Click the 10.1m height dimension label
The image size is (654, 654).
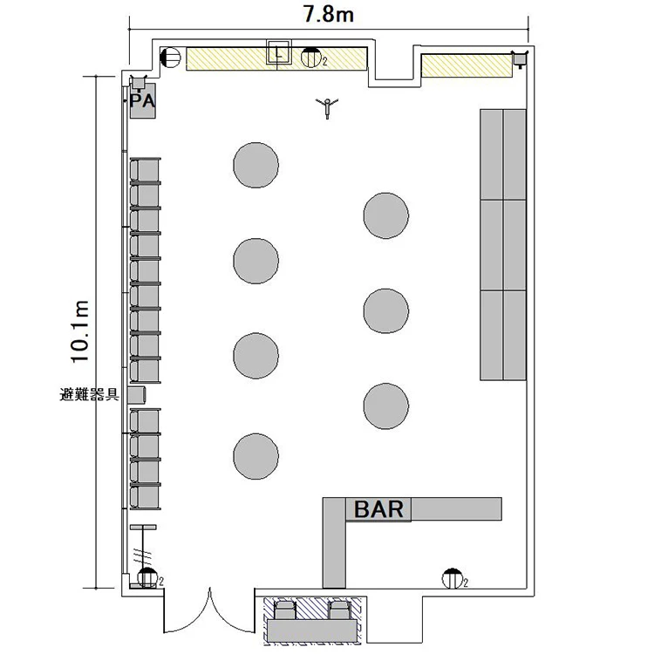(80, 331)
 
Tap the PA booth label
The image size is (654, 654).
(142, 101)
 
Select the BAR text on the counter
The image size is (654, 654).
(378, 509)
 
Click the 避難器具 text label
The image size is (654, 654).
(90, 394)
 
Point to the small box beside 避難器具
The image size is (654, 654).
(137, 395)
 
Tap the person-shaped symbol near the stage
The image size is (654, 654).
(327, 107)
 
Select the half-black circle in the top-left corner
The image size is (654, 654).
(171, 58)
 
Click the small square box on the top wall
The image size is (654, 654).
(279, 52)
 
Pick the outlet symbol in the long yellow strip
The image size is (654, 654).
(310, 58)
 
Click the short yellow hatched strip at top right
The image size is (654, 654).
(467, 65)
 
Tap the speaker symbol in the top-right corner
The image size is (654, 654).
(520, 58)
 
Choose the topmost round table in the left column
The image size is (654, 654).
(255, 165)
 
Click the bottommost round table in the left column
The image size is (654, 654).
(255, 456)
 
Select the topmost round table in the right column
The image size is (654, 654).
(385, 215)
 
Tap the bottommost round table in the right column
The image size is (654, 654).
(385, 406)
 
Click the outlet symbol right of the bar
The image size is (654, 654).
(453, 578)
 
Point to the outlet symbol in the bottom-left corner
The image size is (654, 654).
(147, 577)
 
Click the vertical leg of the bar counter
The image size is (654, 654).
(334, 542)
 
